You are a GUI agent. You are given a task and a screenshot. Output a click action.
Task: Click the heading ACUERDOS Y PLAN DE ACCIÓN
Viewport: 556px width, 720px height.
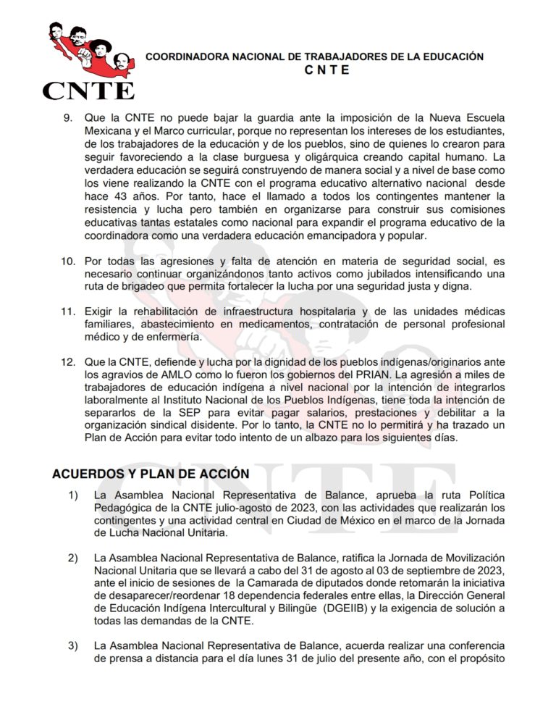(151, 473)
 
